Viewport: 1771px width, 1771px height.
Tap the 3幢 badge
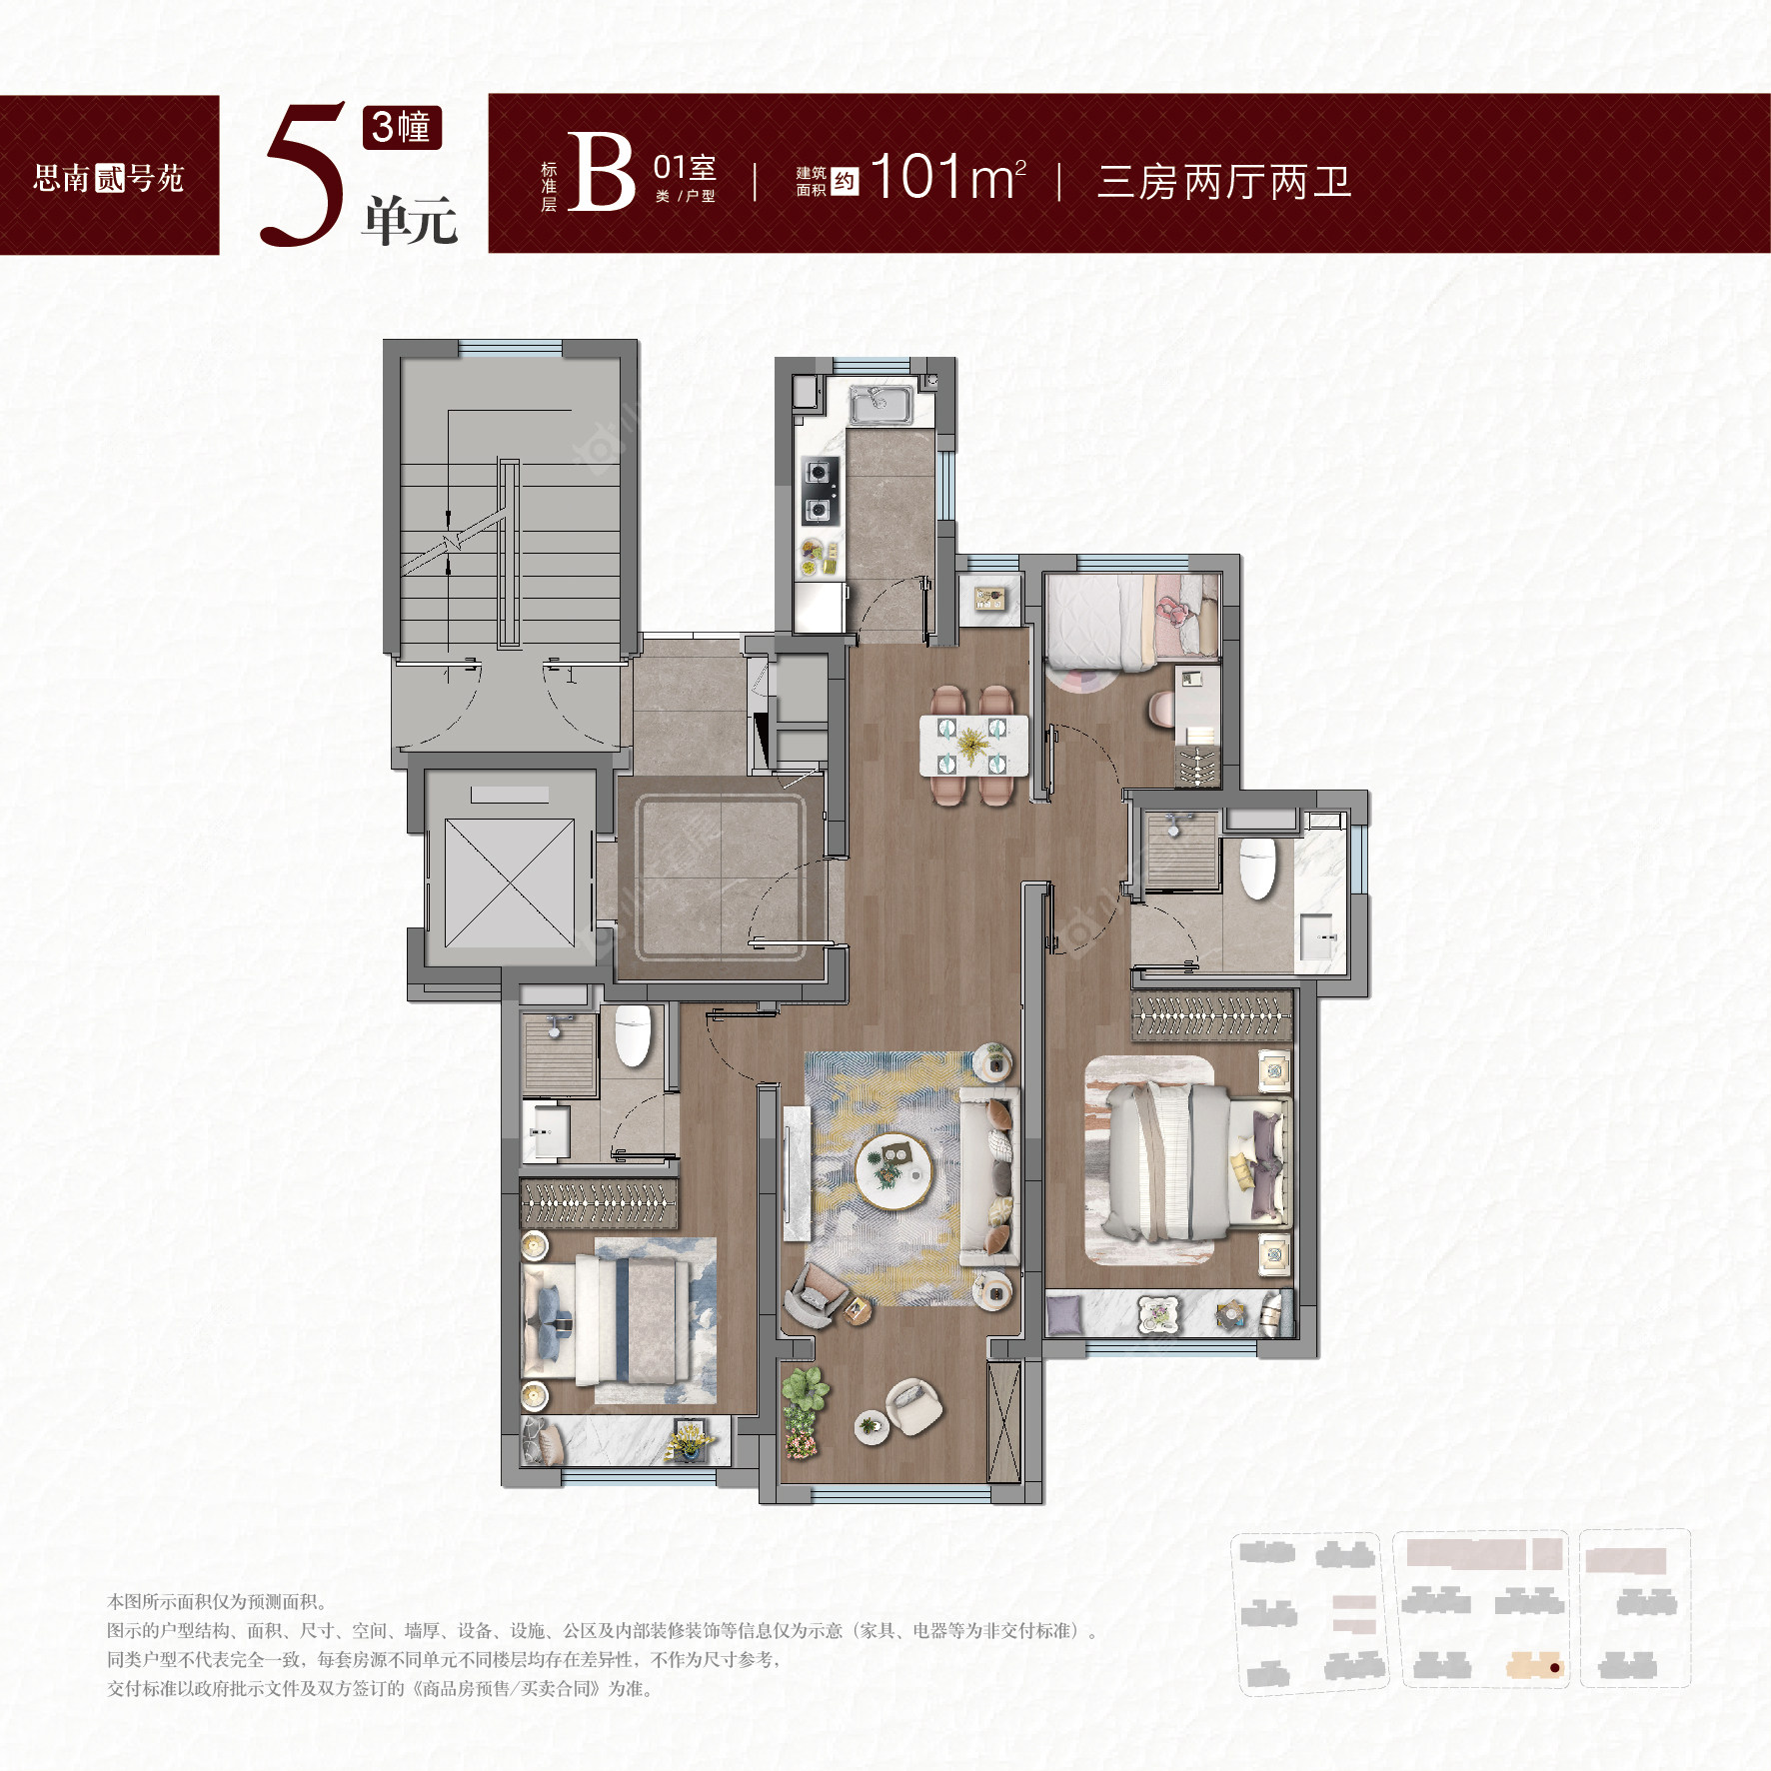click(x=401, y=127)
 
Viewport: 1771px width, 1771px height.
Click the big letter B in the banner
click(x=601, y=174)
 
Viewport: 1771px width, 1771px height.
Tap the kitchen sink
click(x=880, y=404)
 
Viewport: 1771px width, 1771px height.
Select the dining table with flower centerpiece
click(x=972, y=745)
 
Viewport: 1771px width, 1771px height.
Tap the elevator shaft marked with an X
click(x=509, y=882)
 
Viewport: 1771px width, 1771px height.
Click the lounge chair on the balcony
click(x=912, y=1405)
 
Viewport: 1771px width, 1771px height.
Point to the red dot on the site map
click(x=1554, y=1667)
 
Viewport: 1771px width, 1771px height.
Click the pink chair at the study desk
click(x=1161, y=710)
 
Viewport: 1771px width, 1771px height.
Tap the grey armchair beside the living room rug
click(x=815, y=1294)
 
